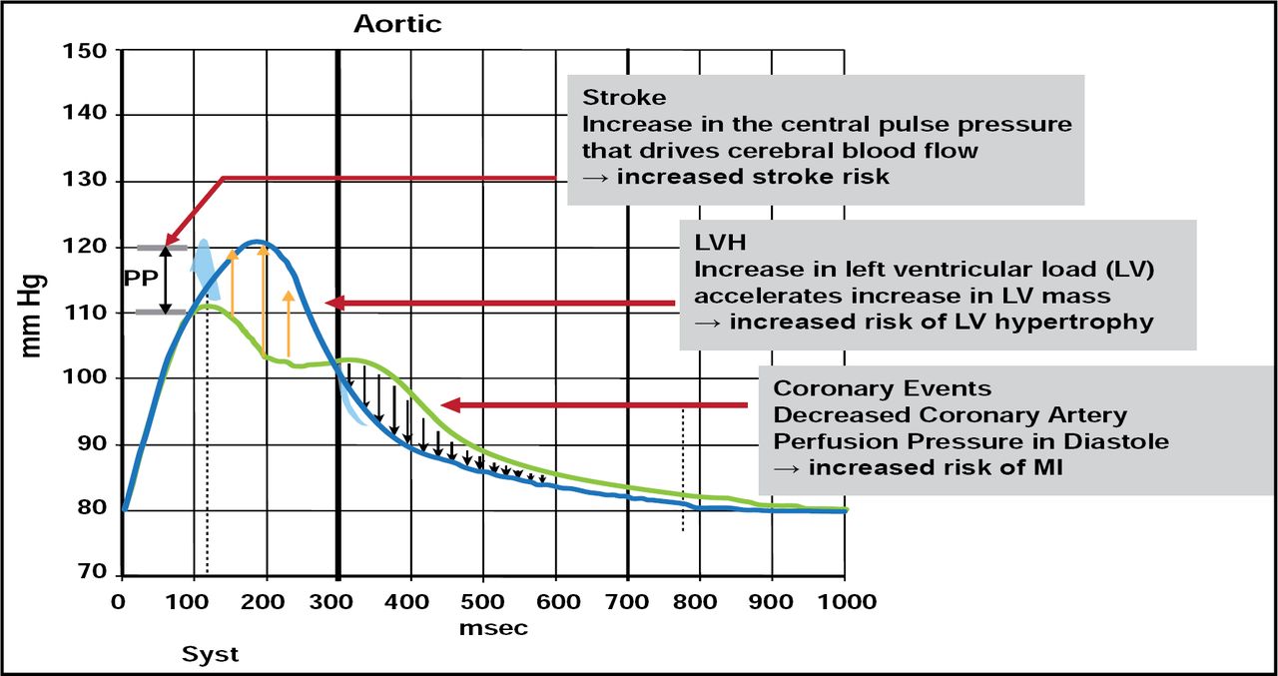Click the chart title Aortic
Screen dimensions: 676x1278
click(397, 24)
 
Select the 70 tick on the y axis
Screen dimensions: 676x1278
click(92, 574)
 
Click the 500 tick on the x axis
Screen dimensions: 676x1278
click(482, 601)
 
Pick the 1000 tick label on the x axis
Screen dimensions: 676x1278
click(845, 601)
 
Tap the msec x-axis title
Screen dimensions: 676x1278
click(493, 629)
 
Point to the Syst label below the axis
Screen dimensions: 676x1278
click(210, 655)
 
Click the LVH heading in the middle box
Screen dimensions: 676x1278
click(720, 243)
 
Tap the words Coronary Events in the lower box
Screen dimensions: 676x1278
click(883, 388)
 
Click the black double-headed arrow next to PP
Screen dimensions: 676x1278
click(167, 280)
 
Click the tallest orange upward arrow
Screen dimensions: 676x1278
click(264, 300)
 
